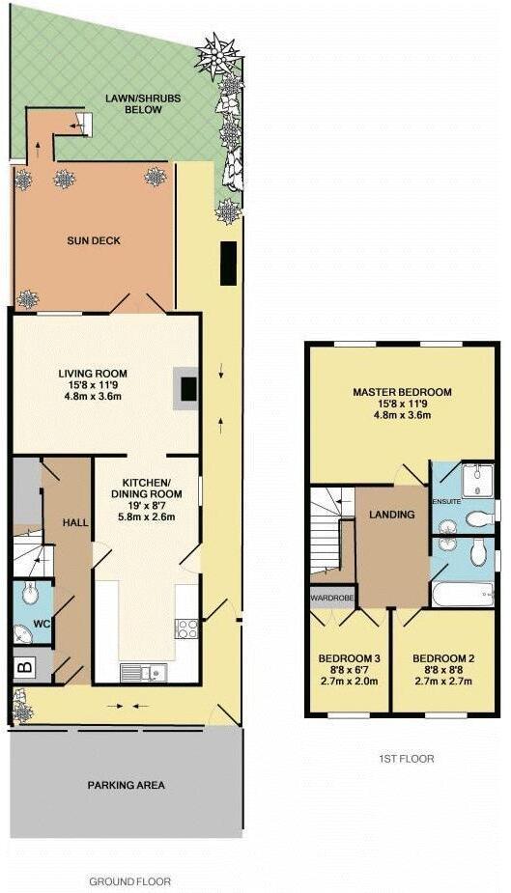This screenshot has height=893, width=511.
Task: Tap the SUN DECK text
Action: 95,240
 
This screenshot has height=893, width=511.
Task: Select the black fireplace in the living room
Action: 189,388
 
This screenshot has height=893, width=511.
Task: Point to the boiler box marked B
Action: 24,666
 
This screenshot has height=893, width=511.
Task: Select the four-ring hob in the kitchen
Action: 185,628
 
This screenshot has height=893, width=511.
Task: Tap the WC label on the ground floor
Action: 41,624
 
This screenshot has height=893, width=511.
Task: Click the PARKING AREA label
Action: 127,785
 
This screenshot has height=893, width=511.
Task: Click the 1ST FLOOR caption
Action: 406,759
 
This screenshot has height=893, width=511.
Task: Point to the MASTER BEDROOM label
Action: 402,392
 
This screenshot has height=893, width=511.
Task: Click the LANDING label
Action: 391,515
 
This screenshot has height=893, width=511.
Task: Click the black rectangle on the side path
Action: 229,264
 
